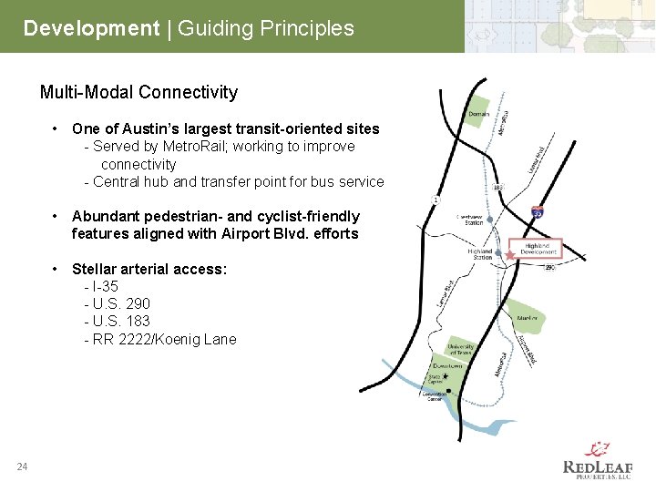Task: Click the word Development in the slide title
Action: (x=91, y=28)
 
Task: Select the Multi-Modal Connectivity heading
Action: (x=138, y=92)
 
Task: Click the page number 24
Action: (x=22, y=467)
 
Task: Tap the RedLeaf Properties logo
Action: (x=597, y=460)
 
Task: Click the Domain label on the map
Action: (x=478, y=114)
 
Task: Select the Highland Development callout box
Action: (x=538, y=249)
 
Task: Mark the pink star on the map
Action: (x=511, y=256)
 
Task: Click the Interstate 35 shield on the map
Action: (x=538, y=211)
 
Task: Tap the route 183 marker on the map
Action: (x=498, y=188)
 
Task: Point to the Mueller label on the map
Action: (x=527, y=318)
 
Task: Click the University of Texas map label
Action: (x=461, y=349)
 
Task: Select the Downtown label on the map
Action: (x=446, y=366)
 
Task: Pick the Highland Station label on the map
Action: (x=479, y=254)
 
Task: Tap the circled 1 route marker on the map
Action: (x=436, y=200)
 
